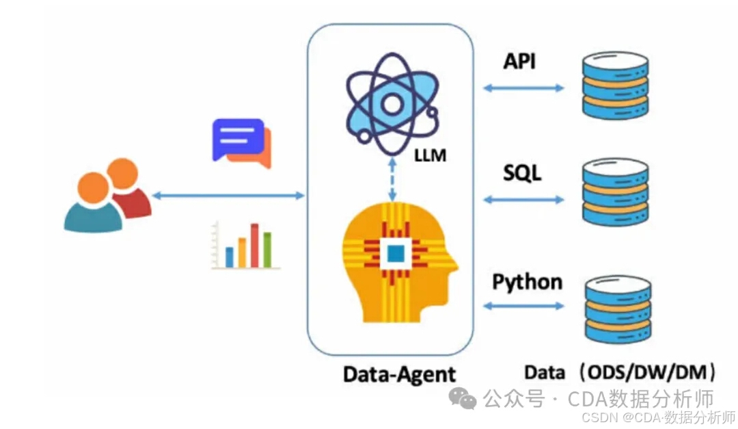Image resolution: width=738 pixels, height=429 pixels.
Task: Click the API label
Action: tap(519, 62)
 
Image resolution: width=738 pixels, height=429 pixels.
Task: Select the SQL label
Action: tap(522, 172)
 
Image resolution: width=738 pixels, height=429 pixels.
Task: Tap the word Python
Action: tap(528, 282)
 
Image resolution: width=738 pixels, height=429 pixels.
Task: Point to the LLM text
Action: tap(430, 155)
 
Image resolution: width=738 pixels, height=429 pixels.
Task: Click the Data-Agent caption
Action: tap(399, 374)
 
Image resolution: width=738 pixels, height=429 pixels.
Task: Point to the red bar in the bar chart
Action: tap(254, 245)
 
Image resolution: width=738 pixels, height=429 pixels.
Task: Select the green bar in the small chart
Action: tap(267, 250)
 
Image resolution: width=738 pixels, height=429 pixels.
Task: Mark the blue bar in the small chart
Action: tap(230, 257)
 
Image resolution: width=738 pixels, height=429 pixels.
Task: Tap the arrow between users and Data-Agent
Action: tap(228, 196)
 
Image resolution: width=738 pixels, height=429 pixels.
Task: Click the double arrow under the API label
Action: tap(523, 88)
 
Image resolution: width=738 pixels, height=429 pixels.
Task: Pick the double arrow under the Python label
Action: tap(523, 306)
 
